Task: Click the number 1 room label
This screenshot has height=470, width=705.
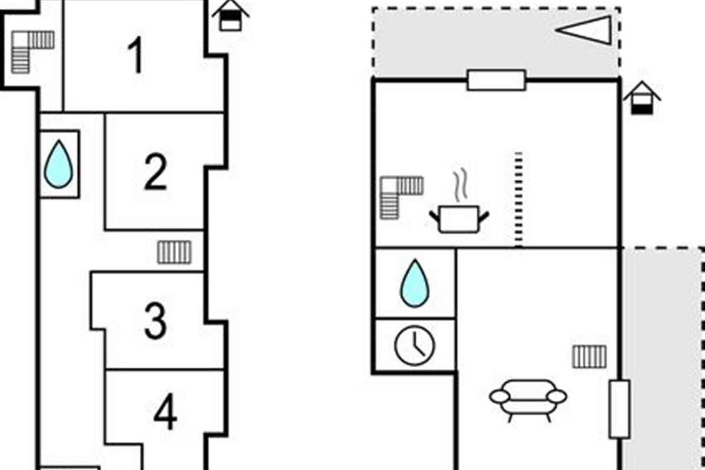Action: (x=136, y=56)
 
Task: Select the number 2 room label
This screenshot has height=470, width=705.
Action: (x=156, y=172)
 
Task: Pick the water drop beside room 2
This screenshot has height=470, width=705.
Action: (x=59, y=164)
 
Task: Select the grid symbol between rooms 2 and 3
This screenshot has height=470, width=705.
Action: (x=174, y=252)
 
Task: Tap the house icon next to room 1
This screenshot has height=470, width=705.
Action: (x=230, y=15)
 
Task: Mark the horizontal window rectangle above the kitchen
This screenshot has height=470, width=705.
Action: (x=496, y=80)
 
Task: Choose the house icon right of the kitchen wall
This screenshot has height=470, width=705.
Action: (x=642, y=98)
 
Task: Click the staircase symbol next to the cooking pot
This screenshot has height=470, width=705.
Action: (x=400, y=196)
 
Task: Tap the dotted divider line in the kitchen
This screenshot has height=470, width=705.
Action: (x=518, y=200)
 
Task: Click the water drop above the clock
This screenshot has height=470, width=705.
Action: (x=415, y=283)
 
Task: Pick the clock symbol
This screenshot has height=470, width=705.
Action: (x=415, y=346)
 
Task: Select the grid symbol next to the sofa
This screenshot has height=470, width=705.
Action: (x=589, y=357)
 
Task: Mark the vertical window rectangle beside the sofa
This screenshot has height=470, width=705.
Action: (x=619, y=409)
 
